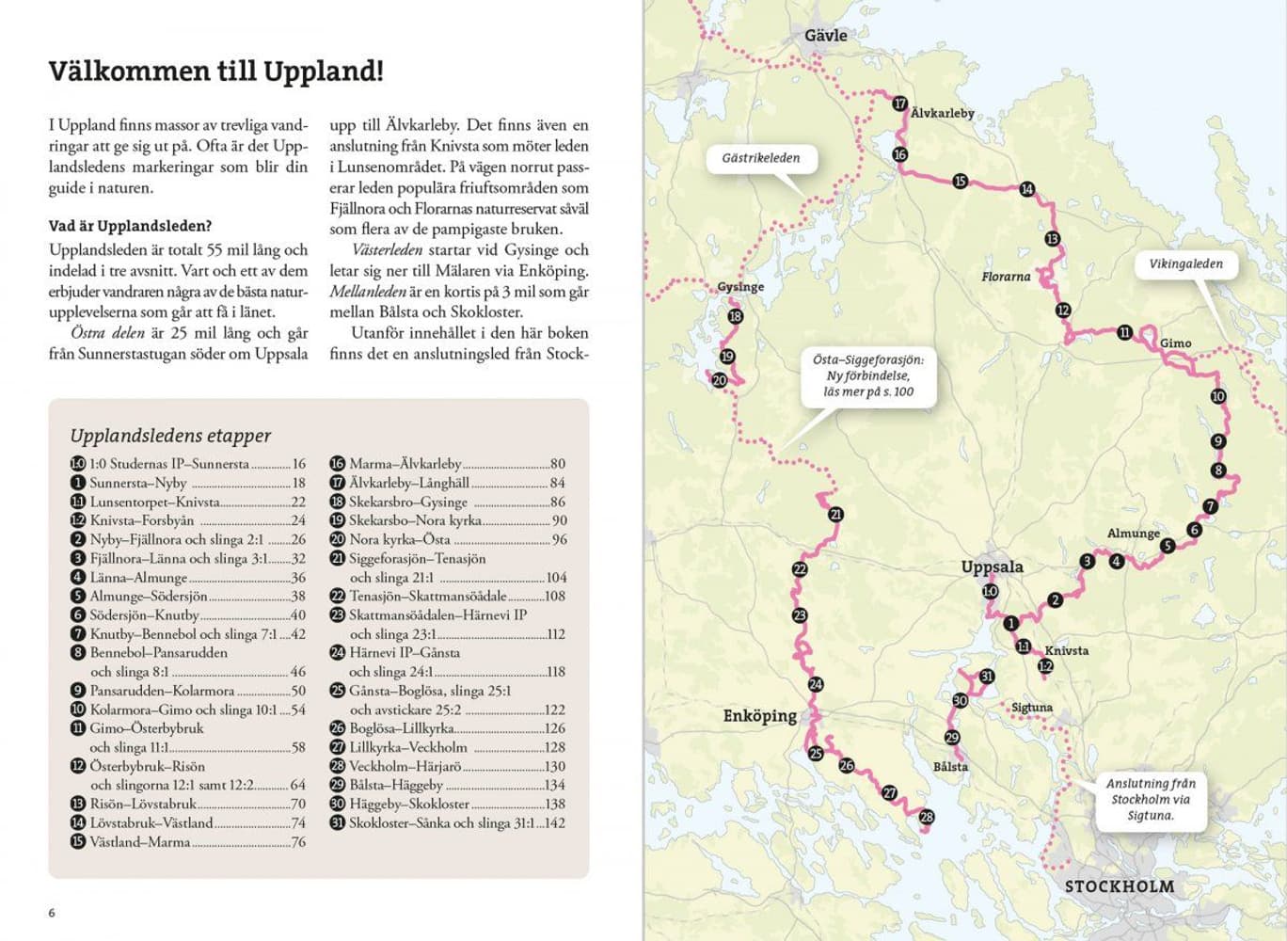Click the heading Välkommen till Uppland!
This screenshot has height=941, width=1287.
(215, 72)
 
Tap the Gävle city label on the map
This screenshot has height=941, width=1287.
(825, 36)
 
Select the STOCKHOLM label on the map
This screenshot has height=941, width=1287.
(1119, 886)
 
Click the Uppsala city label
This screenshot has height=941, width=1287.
(992, 567)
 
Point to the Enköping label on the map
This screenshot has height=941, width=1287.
(759, 716)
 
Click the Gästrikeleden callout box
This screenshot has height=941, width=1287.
(760, 158)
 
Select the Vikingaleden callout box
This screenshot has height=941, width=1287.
(1185, 264)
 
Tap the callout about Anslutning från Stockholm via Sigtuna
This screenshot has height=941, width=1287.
(1150, 799)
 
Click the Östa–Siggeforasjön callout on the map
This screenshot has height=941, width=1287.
(868, 375)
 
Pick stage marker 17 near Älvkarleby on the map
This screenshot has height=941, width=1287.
(899, 104)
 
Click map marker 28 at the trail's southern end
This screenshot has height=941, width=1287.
(927, 817)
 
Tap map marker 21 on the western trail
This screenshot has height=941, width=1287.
(835, 514)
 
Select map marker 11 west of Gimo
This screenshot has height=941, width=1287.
(1124, 332)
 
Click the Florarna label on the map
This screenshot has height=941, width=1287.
(1005, 277)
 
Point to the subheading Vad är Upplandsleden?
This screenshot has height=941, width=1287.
(130, 226)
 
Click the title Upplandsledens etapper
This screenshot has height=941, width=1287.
(170, 436)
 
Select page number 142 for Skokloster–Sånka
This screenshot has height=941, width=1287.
(555, 823)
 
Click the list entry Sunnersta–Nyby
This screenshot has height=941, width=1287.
(138, 483)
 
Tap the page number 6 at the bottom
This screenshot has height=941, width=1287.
(52, 913)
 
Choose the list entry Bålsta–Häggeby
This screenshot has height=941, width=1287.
(395, 785)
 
